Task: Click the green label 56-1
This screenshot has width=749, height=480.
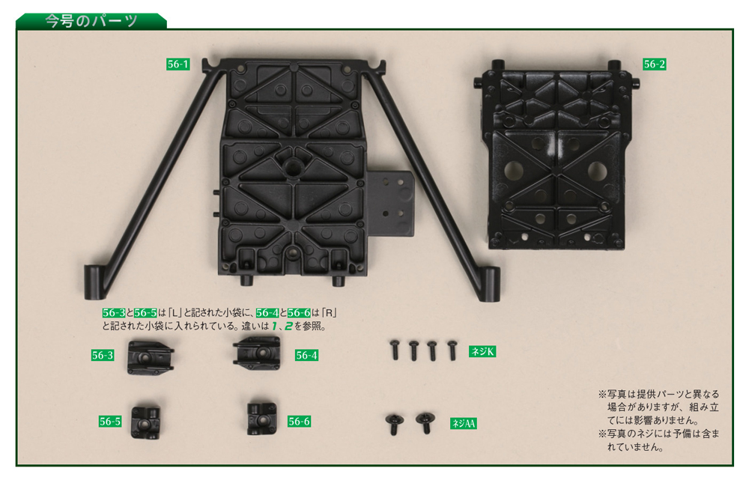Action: click(178, 64)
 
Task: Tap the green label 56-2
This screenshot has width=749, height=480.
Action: click(654, 64)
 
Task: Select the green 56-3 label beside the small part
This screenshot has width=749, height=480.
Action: click(103, 356)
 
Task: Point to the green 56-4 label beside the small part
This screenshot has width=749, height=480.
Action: click(306, 356)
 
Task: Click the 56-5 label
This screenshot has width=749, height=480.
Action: click(110, 422)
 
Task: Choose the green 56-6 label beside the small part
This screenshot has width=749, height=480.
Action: click(299, 422)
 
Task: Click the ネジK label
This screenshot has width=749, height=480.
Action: click(482, 352)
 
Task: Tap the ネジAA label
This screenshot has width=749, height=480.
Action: click(464, 423)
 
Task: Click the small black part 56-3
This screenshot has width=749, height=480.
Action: click(150, 356)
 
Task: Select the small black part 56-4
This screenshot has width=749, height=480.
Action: click(257, 353)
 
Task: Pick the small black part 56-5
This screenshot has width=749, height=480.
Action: click(146, 422)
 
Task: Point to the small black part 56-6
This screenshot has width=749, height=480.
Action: click(261, 419)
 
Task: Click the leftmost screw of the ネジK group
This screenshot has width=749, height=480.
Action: click(395, 350)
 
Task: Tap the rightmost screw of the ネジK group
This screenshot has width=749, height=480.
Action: click(452, 350)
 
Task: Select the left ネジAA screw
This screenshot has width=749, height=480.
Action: click(394, 424)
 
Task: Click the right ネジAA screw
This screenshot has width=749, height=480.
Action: click(425, 422)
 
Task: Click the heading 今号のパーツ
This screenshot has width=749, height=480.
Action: click(91, 21)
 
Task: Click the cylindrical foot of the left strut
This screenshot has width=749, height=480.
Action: click(93, 283)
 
